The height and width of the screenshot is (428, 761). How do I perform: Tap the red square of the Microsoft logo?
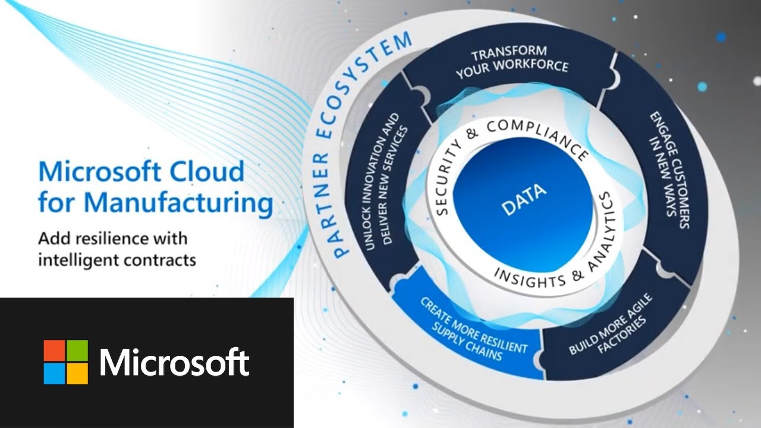click(54, 351)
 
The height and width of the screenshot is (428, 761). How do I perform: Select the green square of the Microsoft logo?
click(77, 351)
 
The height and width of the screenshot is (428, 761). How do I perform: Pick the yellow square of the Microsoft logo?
click(77, 373)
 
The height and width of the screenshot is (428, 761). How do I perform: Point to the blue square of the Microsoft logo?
click(54, 373)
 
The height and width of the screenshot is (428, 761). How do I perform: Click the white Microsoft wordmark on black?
click(175, 361)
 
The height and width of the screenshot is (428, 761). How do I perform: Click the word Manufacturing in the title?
click(178, 203)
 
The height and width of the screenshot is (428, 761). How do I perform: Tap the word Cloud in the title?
click(207, 172)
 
